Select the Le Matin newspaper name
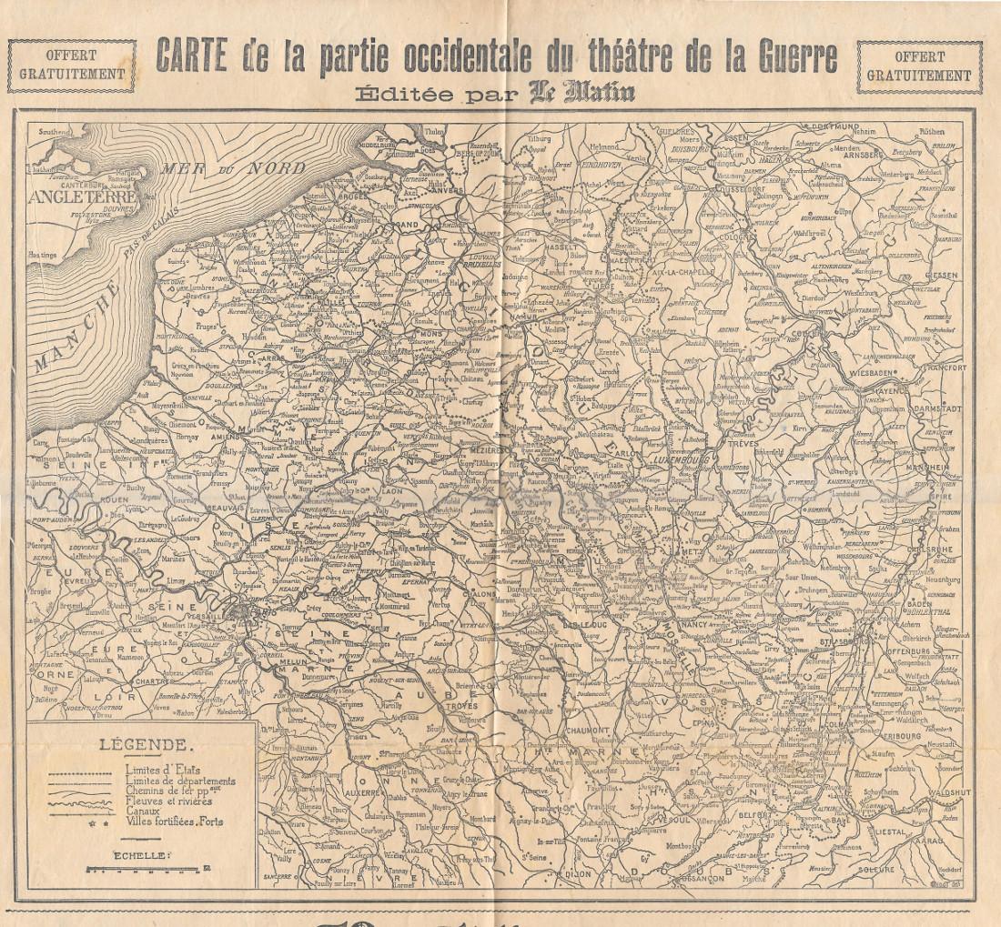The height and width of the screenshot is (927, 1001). pyautogui.click(x=582, y=93)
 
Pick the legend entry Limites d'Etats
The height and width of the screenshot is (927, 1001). pyautogui.click(x=148, y=771)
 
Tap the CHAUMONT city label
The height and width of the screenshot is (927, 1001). pyautogui.click(x=587, y=729)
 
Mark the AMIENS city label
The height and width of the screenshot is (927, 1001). pyautogui.click(x=226, y=437)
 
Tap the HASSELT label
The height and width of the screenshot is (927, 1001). pyautogui.click(x=561, y=247)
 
